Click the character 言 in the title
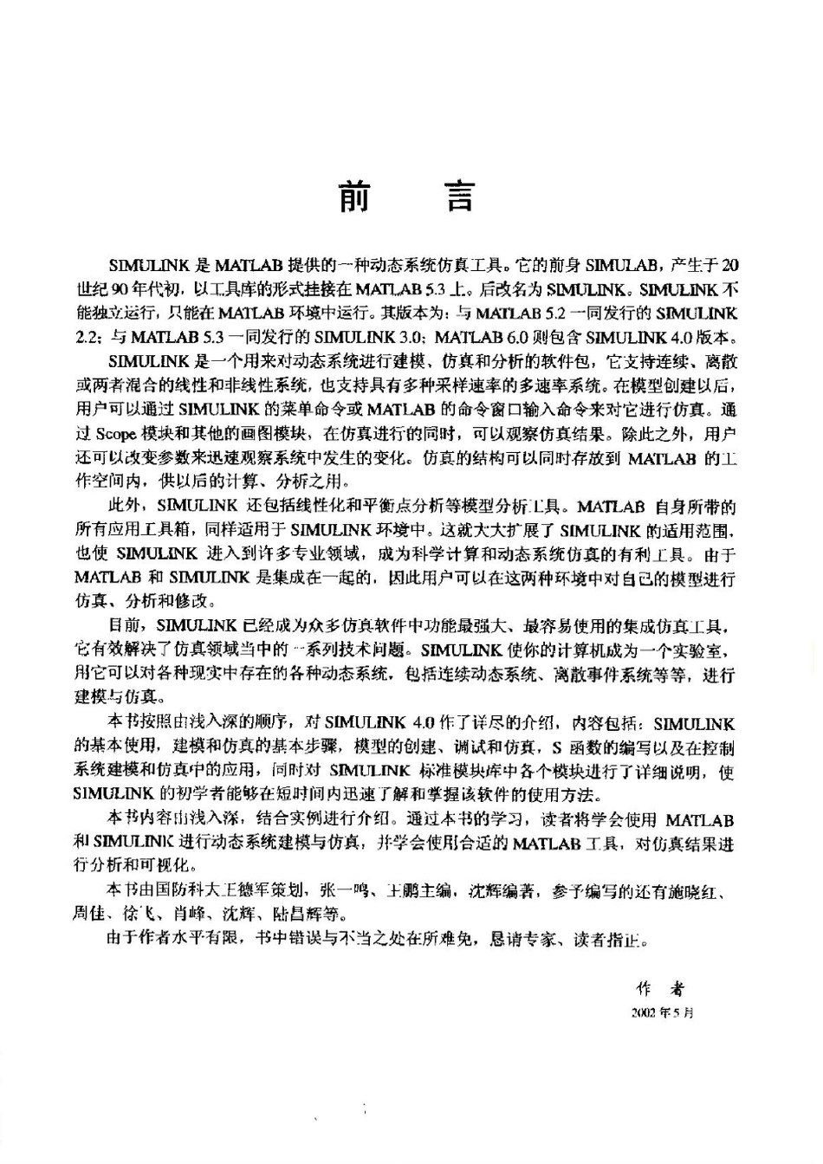click(459, 196)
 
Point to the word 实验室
click(711, 648)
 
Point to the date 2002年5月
click(662, 1012)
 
